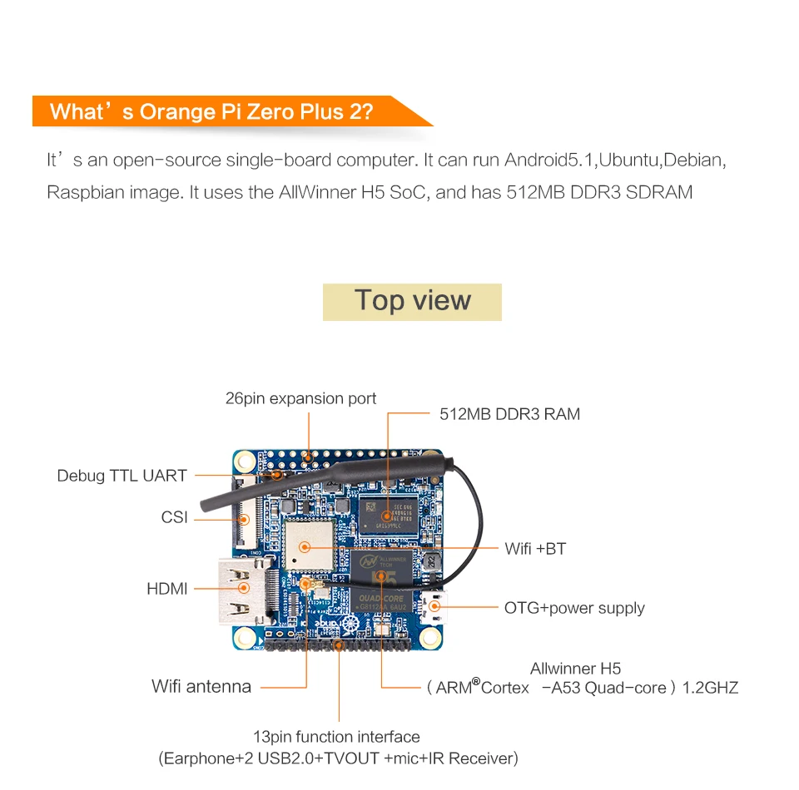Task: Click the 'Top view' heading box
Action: (x=412, y=301)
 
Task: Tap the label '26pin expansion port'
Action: (x=300, y=398)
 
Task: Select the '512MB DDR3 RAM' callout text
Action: (x=509, y=413)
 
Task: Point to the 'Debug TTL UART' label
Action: (x=122, y=476)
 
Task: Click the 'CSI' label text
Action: (x=175, y=518)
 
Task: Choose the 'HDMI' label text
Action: (x=167, y=589)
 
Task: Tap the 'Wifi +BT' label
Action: (x=535, y=549)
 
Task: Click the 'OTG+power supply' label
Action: (x=574, y=608)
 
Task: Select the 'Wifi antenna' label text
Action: (x=201, y=687)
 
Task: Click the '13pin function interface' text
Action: (x=336, y=737)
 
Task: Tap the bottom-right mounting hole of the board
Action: (x=429, y=638)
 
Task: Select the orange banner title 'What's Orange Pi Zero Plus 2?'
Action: (x=211, y=111)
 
